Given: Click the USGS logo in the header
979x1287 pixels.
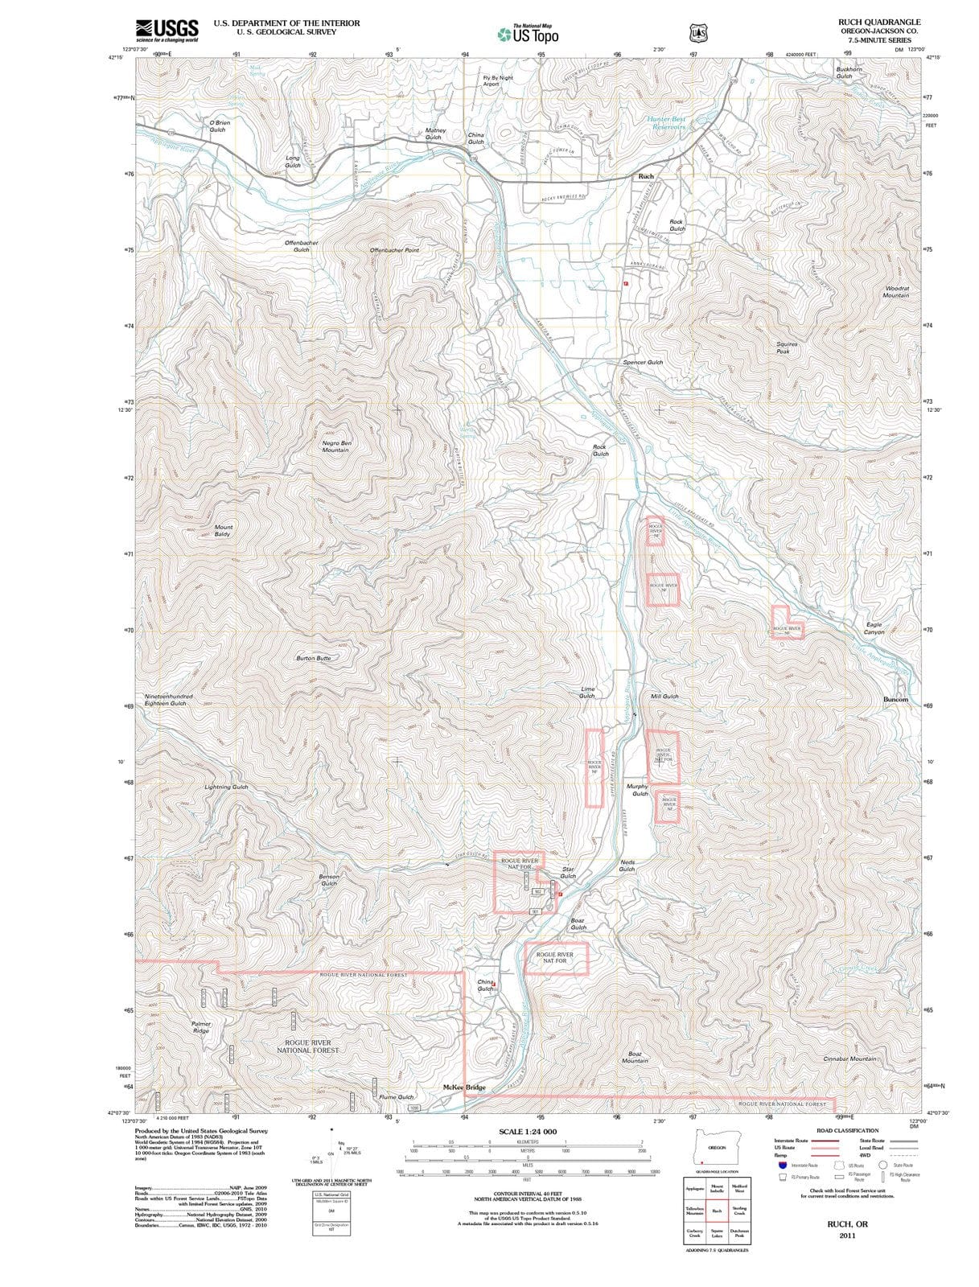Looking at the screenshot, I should click(167, 30).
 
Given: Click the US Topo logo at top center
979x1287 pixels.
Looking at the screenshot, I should click(528, 34).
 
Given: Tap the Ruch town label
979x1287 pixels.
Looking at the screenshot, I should click(646, 176).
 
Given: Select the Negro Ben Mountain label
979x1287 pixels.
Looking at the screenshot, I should click(335, 446).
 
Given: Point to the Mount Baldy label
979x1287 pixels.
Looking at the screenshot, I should click(223, 531).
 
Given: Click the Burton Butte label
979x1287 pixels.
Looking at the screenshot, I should click(313, 658).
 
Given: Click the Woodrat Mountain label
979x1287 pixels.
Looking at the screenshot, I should click(896, 291).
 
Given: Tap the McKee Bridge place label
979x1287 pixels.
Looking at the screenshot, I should click(464, 1088).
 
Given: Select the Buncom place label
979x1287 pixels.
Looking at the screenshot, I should click(895, 699).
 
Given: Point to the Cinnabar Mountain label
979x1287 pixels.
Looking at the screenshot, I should click(849, 1059).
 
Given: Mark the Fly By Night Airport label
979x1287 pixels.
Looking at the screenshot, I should click(497, 80).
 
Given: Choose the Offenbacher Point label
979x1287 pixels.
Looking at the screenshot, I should click(394, 250).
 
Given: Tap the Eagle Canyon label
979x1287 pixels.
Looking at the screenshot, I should click(874, 628).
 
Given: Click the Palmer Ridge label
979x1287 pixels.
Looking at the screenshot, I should click(201, 1027).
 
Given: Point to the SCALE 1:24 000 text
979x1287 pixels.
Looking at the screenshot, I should click(528, 1131).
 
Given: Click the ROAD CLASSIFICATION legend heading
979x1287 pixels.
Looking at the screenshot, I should click(847, 1130).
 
